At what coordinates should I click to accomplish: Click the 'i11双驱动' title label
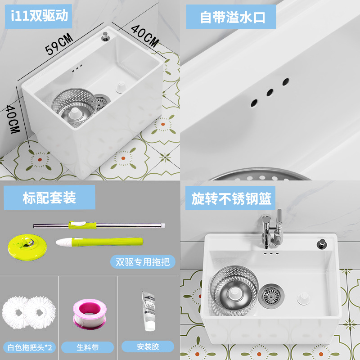39,16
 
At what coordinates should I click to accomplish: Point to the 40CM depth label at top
145,36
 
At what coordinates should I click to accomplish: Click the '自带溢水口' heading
233,17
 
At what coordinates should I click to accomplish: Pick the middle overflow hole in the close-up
270,92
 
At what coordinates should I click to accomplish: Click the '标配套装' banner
49,198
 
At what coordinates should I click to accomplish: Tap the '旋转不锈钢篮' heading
232,198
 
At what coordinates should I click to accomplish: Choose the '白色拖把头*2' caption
29,347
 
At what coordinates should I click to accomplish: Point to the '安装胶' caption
148,347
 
